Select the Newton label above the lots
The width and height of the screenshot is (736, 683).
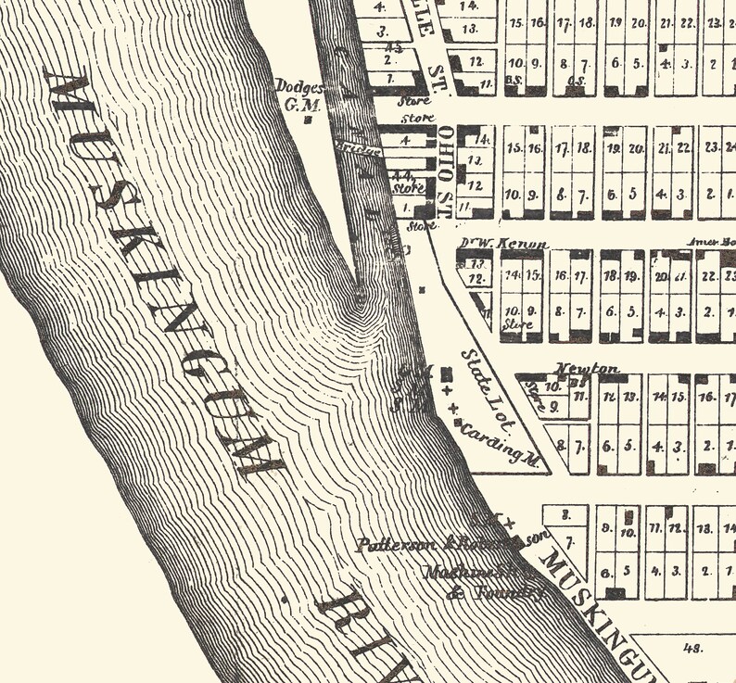click(x=587, y=368)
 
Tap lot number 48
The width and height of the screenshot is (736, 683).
click(x=692, y=649)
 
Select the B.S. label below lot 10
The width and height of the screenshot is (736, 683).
click(x=515, y=82)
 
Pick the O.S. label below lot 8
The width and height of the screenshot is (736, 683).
click(x=575, y=82)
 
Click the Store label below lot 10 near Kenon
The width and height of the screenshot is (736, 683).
click(x=515, y=325)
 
